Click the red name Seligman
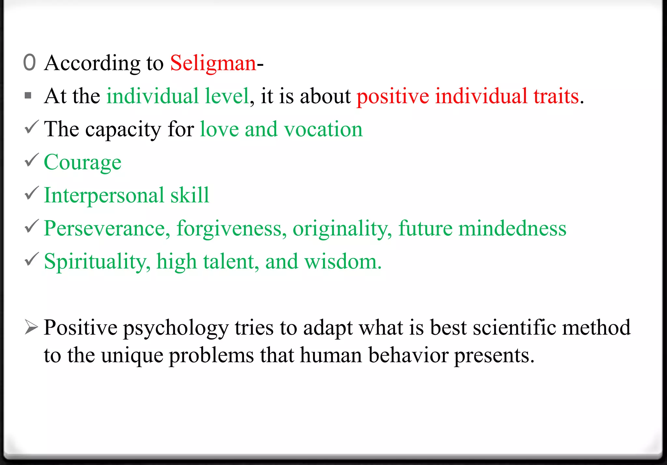(x=213, y=63)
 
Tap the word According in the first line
(x=92, y=63)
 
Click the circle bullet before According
(x=29, y=62)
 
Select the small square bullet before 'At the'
(x=28, y=96)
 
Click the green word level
(x=227, y=96)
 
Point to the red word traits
(x=556, y=96)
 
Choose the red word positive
(x=393, y=96)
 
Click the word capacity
(x=123, y=130)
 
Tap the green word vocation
(x=323, y=129)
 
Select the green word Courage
(x=83, y=162)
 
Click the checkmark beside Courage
(x=32, y=160)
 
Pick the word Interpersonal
(x=104, y=195)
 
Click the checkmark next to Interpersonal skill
(x=32, y=193)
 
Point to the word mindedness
(x=512, y=228)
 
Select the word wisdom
(x=343, y=261)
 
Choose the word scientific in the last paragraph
(x=515, y=327)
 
